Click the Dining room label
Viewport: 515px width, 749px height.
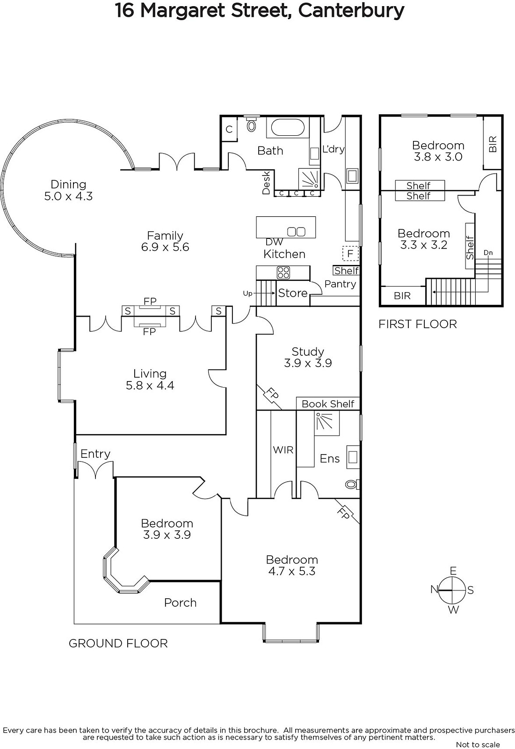pos(68,190)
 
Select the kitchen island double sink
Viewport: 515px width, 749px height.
pos(296,231)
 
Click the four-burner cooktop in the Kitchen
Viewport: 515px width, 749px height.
pos(283,272)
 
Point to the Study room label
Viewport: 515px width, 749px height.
pos(308,357)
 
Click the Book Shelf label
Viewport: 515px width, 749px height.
pos(328,404)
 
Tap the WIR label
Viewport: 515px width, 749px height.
pos(283,450)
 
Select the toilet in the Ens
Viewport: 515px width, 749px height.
pos(352,484)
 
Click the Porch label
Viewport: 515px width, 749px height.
pos(180,602)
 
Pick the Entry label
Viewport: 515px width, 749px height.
pos(95,454)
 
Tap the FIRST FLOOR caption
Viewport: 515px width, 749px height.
pos(417,324)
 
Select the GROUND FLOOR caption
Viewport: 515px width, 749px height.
pos(118,643)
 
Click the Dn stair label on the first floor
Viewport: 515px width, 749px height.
pos(488,253)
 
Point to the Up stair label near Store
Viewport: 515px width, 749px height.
pos(247,293)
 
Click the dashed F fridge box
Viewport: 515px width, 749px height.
pos(350,254)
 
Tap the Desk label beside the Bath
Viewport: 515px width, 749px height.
pos(266,183)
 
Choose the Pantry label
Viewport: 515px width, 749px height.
pos(340,284)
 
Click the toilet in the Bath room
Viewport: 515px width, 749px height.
pos(251,124)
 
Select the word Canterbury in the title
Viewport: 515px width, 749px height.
pos(351,11)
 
